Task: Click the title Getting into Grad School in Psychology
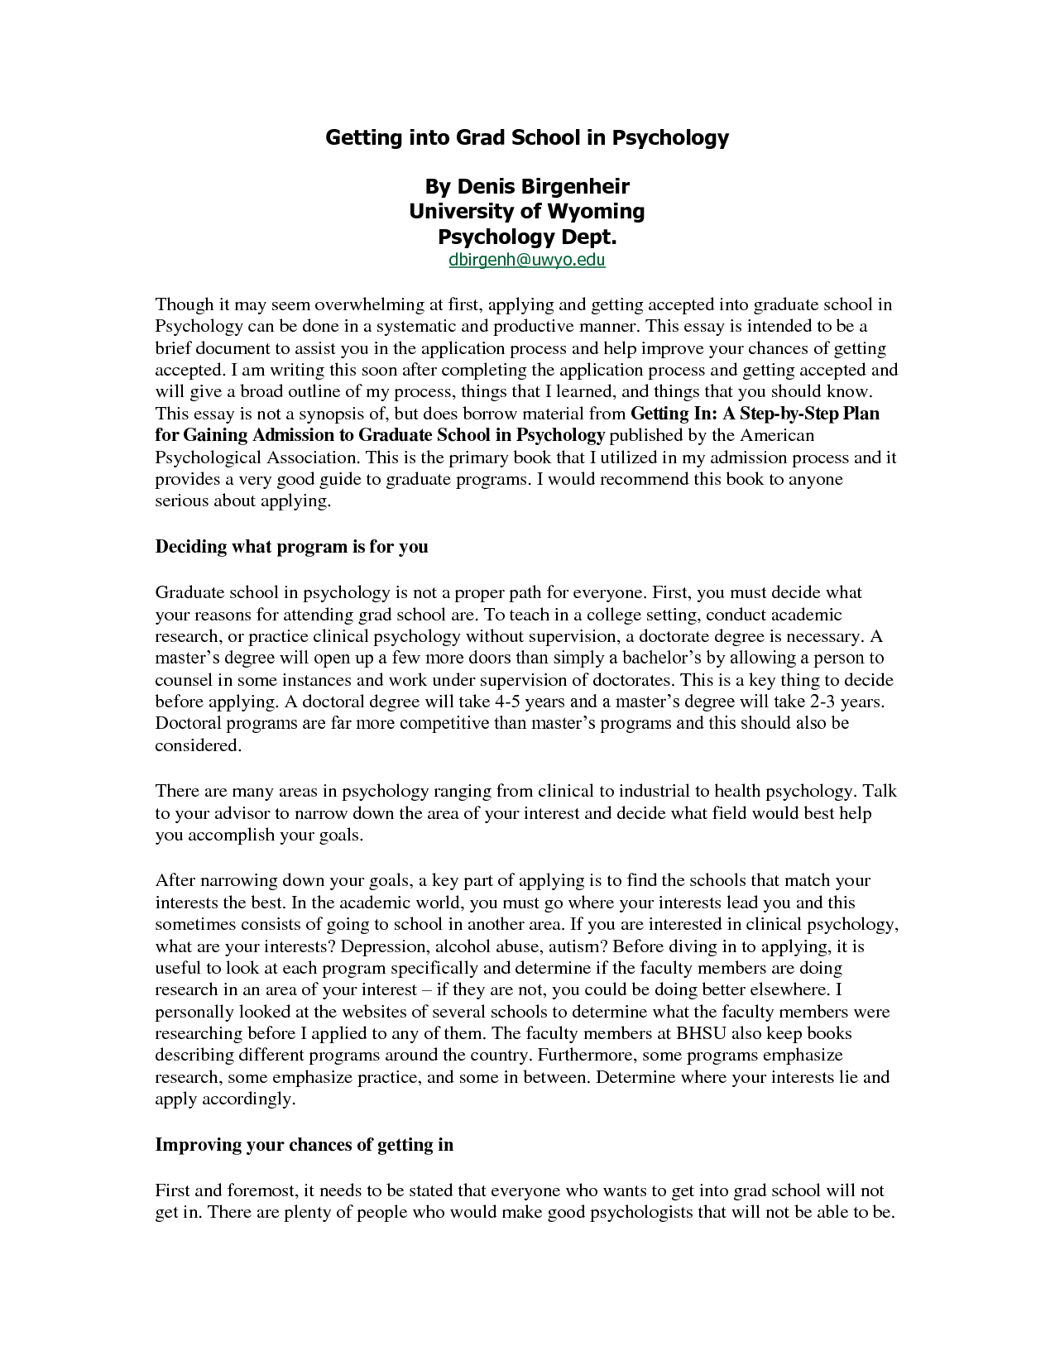(x=526, y=137)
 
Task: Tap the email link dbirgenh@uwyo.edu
(x=527, y=261)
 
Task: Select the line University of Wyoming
(x=526, y=211)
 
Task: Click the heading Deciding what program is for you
(x=291, y=547)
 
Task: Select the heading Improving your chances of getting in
(x=305, y=1145)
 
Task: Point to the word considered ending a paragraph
(x=198, y=745)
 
